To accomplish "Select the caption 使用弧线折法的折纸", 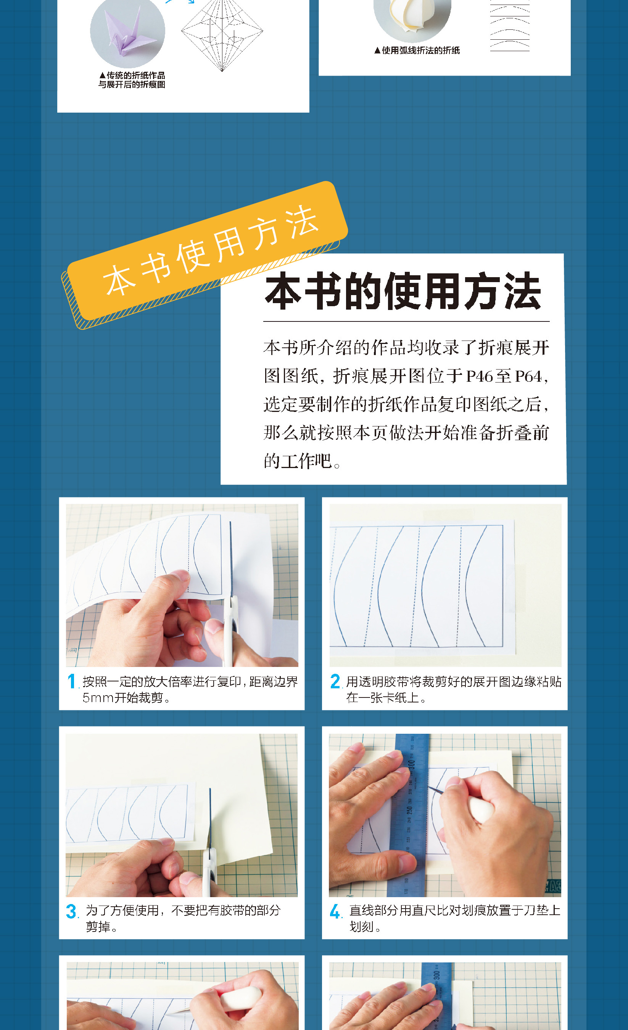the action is point(420,50).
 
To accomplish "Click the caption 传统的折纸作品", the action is point(136,75).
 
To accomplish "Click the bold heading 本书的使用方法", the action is point(403,291).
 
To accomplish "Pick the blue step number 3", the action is point(71,911).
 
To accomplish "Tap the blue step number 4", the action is point(335,911).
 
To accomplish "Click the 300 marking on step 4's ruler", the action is point(412,765).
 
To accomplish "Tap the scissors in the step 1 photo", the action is point(231,594).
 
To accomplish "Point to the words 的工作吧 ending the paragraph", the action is point(298,461).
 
